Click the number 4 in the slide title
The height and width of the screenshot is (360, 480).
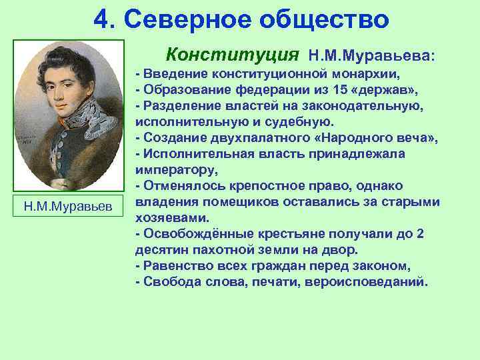(101, 19)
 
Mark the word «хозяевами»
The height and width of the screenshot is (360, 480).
(172, 217)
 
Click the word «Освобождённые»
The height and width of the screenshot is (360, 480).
(189, 233)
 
